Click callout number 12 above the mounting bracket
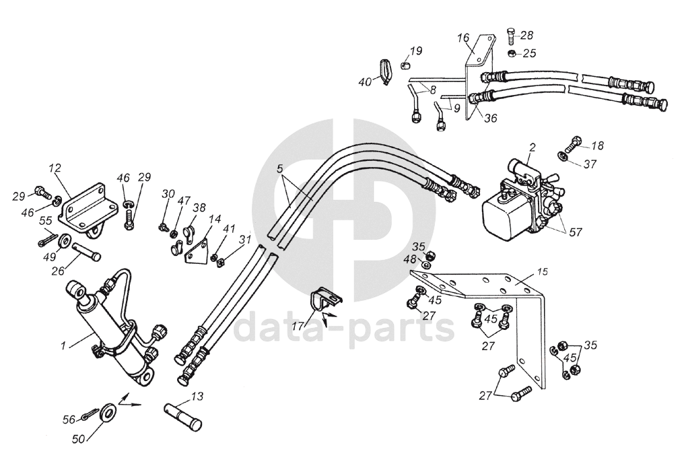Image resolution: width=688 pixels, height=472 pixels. (55, 166)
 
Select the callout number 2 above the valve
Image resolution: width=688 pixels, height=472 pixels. (532, 146)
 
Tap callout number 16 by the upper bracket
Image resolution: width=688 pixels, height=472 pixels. (463, 38)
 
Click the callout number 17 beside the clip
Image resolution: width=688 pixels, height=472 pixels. (296, 326)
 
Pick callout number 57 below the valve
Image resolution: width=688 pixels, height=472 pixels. (575, 232)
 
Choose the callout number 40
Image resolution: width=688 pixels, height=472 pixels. (364, 82)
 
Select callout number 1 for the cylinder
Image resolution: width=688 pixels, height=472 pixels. (63, 346)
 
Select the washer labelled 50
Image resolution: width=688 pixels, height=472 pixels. (106, 413)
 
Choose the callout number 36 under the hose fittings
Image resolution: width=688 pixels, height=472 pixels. (490, 119)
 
